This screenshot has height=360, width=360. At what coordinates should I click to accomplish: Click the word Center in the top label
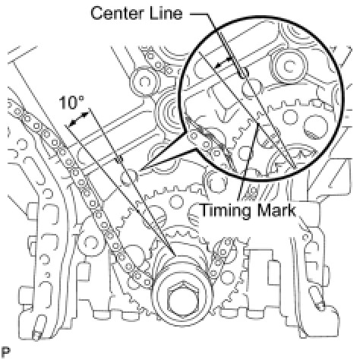click(x=118, y=14)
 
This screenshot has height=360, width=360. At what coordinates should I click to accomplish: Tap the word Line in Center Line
click(x=166, y=13)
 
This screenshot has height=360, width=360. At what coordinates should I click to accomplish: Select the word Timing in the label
click(x=225, y=211)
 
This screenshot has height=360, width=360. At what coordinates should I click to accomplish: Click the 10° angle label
click(x=71, y=103)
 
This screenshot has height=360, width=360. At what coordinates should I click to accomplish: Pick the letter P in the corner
click(x=5, y=352)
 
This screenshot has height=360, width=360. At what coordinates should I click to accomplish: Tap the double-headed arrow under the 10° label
click(x=79, y=119)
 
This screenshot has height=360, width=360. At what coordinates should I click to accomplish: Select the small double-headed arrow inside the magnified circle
click(x=224, y=62)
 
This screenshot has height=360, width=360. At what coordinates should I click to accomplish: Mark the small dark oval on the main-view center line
click(x=119, y=159)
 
